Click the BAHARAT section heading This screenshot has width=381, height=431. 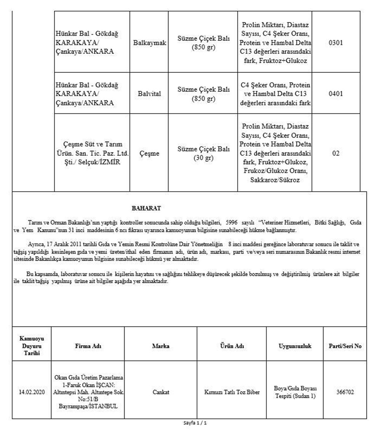click(x=146, y=208)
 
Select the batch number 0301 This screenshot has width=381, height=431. click(x=336, y=43)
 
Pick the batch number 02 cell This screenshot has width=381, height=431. click(x=336, y=154)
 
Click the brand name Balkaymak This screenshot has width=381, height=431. click(x=150, y=43)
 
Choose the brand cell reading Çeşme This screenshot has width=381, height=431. click(x=150, y=154)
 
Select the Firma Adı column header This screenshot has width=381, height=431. click(x=88, y=346)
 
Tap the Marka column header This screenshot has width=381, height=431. click(x=160, y=346)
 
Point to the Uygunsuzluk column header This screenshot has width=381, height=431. click(x=295, y=346)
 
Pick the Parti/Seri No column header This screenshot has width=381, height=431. click(x=345, y=346)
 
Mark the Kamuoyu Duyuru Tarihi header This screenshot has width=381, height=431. click(x=32, y=346)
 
